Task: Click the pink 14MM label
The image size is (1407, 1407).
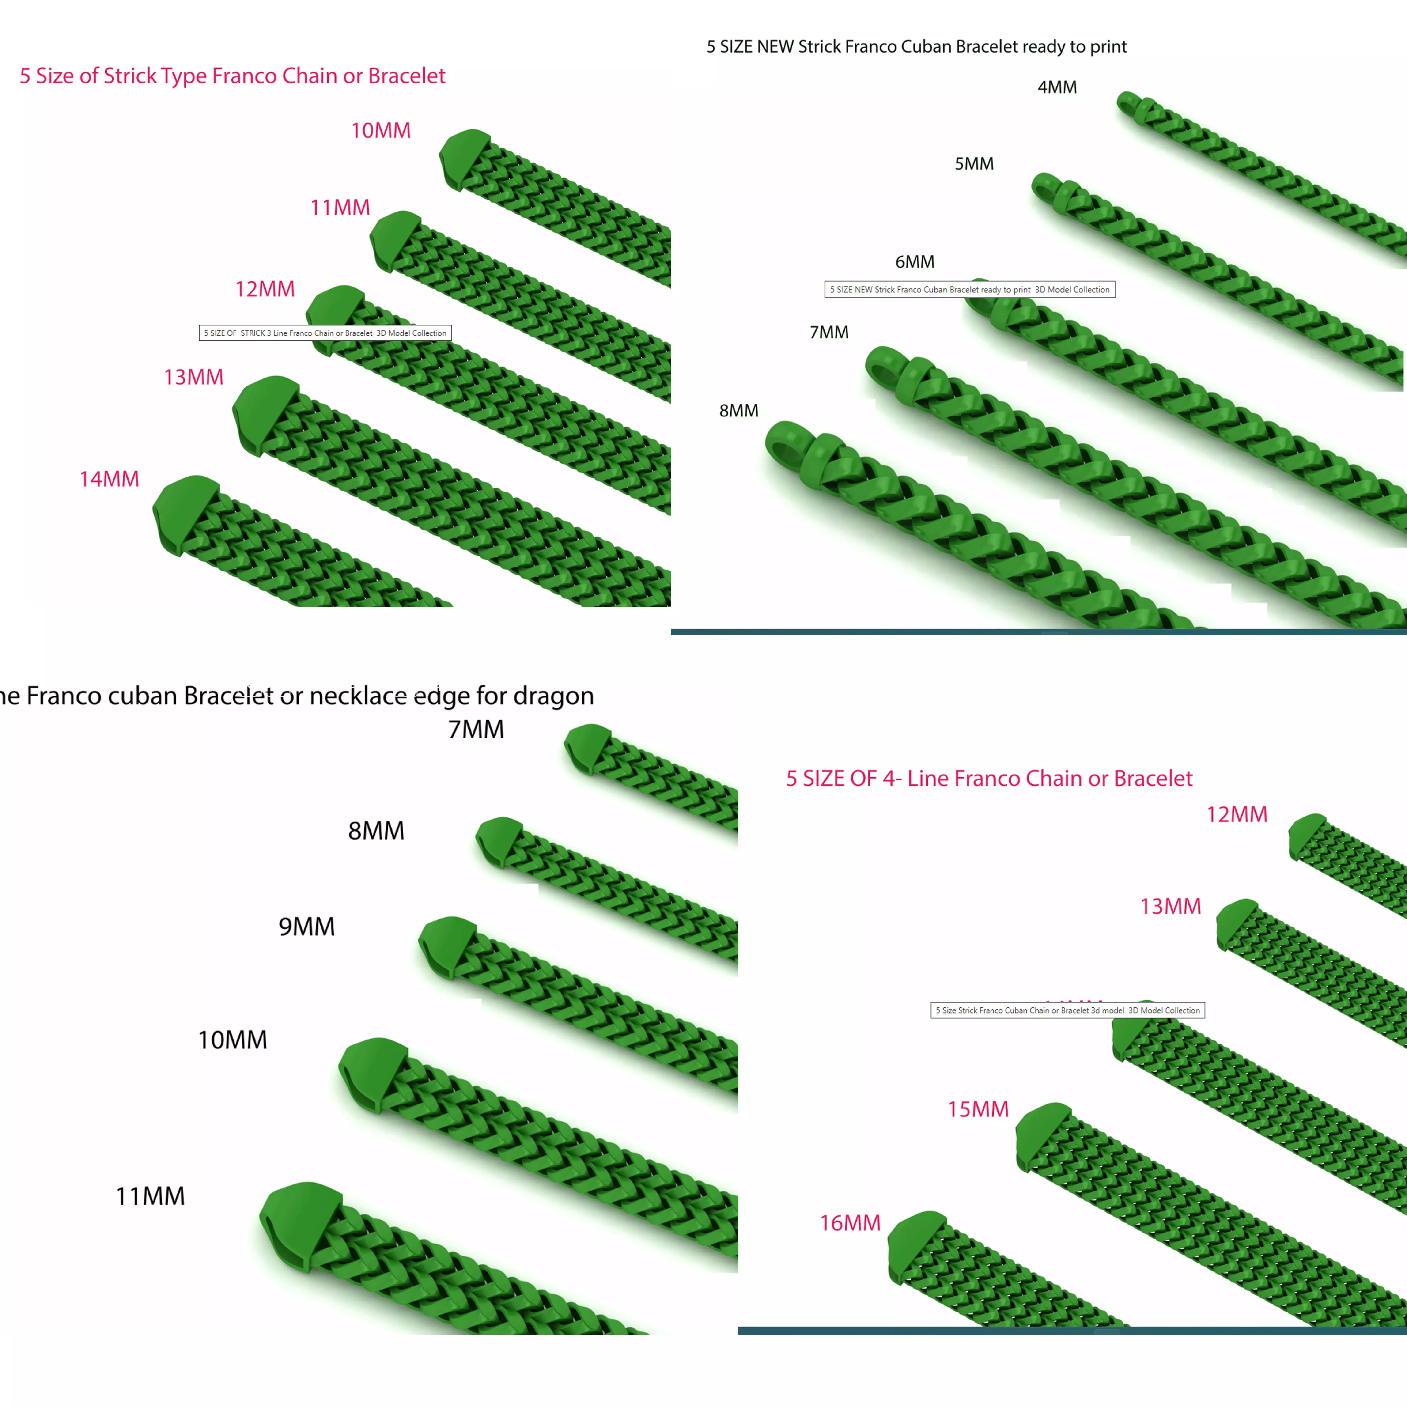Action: [109, 479]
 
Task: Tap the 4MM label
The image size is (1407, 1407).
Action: [1057, 87]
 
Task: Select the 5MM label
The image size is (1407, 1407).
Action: [974, 164]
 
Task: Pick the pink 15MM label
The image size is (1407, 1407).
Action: [978, 1109]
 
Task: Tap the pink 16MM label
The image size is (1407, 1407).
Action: [850, 1223]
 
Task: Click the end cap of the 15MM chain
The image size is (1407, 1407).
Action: [1041, 1135]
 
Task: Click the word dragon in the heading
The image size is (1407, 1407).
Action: [553, 696]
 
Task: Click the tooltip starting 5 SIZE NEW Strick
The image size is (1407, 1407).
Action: [969, 289]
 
